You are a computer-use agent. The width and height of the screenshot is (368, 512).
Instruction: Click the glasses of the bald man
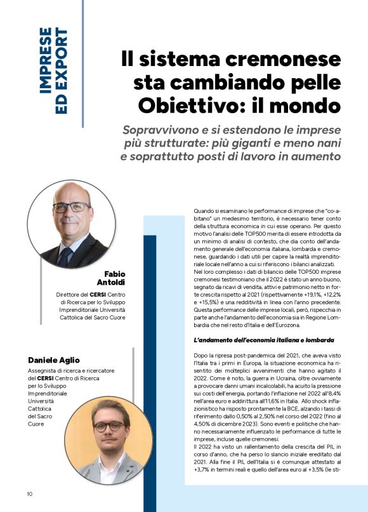pos(70,207)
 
